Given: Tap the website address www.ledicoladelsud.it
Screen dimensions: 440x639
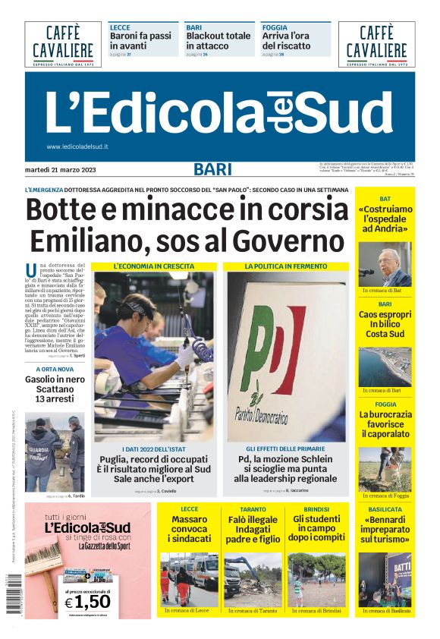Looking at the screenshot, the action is (x=77, y=146).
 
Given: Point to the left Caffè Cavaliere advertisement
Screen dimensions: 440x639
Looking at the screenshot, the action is (x=63, y=44).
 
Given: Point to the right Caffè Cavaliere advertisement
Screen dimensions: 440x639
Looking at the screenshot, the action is (x=376, y=44).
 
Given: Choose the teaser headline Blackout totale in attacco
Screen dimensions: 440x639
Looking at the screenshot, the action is (x=218, y=41).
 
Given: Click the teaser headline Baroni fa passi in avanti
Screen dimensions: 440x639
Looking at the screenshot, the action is (x=141, y=41).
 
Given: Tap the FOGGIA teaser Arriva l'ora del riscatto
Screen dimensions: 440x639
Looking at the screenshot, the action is (x=288, y=41).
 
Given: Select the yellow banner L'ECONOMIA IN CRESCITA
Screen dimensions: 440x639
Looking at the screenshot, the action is (x=154, y=267).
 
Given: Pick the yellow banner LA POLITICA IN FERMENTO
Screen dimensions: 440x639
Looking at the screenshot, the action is (x=285, y=267).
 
